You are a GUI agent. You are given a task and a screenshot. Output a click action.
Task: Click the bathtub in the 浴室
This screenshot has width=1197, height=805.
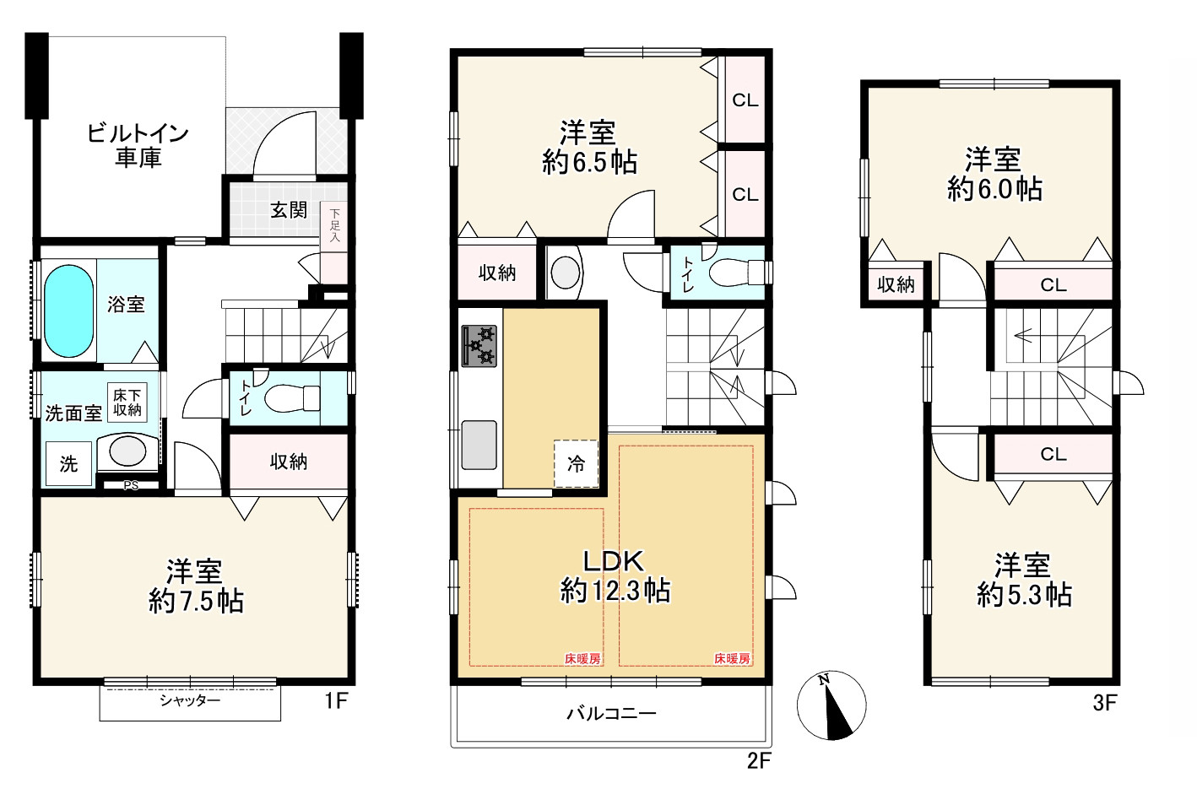69,311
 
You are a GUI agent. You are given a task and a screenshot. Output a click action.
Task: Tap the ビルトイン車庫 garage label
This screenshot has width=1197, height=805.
138,145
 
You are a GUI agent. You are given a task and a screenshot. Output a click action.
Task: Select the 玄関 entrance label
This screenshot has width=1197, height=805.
289,210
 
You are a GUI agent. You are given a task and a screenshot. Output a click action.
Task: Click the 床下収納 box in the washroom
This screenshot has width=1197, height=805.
127,402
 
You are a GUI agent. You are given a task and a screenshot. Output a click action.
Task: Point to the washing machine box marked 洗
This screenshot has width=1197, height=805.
68,463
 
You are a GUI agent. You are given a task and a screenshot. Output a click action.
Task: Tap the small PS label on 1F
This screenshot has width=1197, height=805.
131,485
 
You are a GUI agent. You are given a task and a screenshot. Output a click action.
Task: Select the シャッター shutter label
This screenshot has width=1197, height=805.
190,700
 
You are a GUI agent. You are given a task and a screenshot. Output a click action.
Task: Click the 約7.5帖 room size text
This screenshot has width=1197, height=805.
196,602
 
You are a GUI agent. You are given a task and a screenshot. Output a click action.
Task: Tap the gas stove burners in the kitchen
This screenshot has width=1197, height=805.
479,346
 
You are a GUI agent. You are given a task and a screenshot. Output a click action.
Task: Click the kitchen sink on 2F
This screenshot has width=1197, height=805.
479,445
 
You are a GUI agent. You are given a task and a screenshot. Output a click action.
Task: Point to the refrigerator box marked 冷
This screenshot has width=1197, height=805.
576,463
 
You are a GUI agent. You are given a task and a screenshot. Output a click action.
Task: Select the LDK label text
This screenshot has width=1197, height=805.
614,561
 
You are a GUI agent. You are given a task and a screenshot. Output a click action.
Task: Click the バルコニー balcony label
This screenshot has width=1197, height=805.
611,713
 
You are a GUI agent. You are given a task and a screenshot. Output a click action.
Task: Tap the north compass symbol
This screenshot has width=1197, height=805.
831,705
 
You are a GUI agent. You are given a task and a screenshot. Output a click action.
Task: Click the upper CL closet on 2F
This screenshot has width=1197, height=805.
745,100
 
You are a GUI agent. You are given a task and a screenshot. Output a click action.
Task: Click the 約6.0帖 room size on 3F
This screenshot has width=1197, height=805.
994,189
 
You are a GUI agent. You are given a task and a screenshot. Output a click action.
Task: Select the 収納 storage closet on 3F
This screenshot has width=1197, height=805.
896,284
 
